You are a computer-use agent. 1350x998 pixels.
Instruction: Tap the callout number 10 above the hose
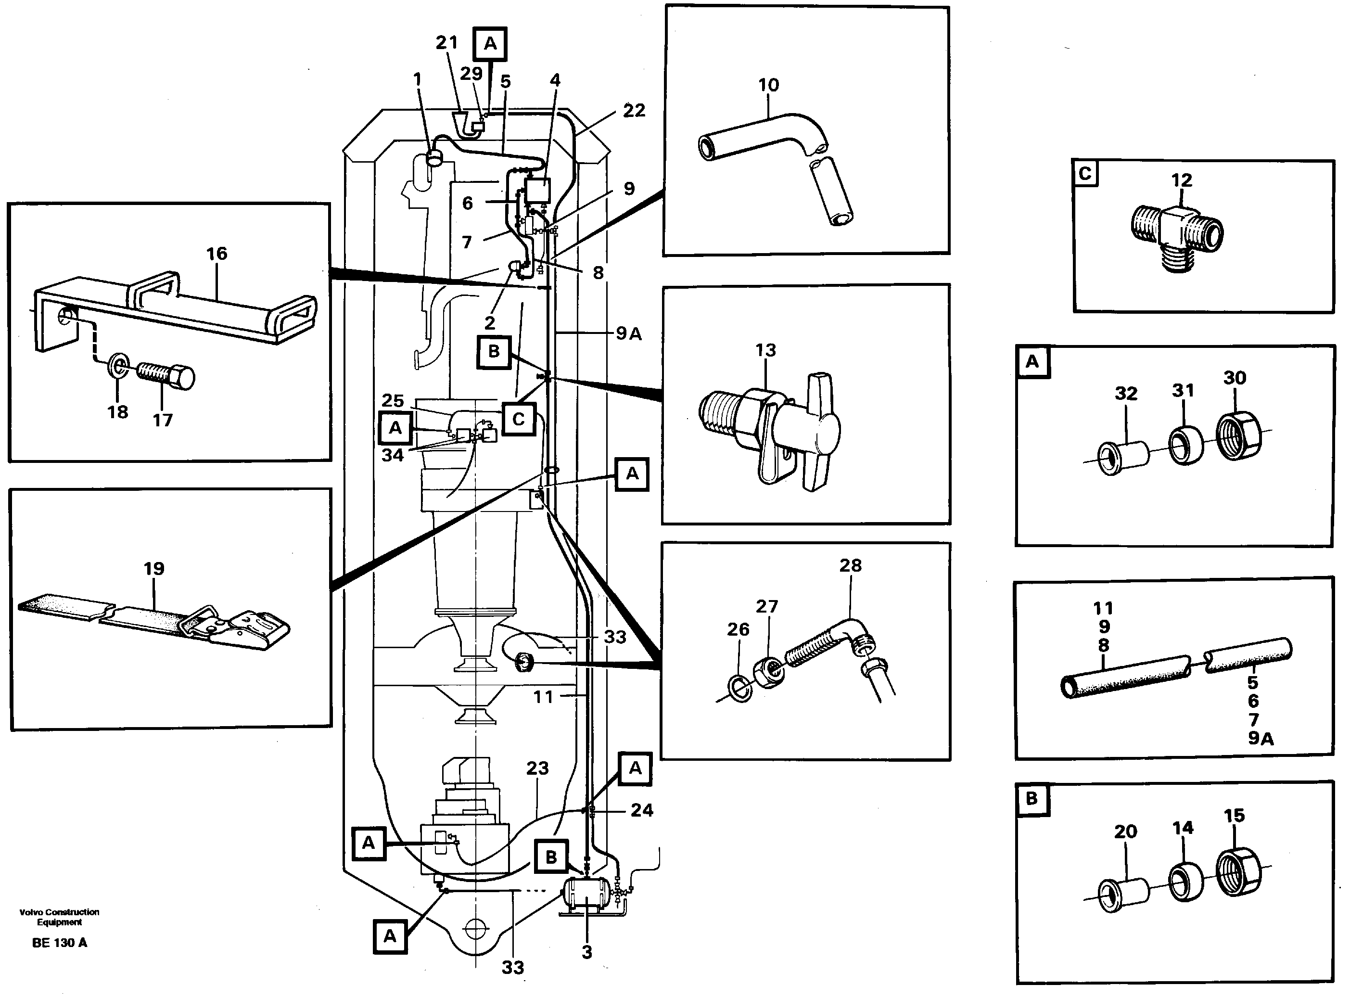pos(768,85)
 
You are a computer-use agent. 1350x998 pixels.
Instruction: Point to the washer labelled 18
pos(119,366)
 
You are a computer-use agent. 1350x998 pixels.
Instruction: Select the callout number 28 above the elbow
pos(850,565)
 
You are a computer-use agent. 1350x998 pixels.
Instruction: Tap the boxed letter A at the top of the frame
pos(490,43)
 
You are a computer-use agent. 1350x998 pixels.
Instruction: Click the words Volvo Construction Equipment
pos(59,917)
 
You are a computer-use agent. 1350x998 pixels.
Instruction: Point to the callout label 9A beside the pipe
pos(628,333)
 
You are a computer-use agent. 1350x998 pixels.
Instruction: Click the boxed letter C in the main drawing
pos(518,419)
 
